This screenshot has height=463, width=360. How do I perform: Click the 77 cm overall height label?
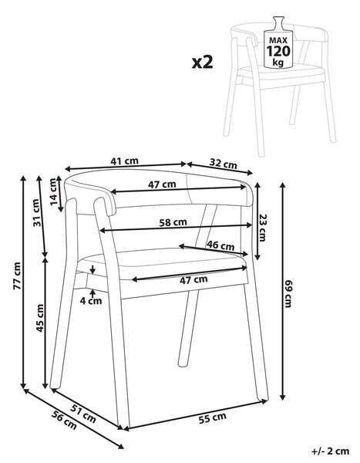coord(18,275)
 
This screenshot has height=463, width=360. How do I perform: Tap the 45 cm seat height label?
coord(40,318)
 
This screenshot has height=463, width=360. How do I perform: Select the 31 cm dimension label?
coord(36,213)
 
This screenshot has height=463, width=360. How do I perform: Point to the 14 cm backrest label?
coord(54,191)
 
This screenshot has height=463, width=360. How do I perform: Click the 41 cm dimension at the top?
coord(125,161)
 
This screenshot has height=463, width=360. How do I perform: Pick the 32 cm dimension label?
coord(224,164)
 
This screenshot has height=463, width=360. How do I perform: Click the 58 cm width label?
coord(173,222)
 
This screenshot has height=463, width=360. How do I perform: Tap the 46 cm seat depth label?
coord(220,245)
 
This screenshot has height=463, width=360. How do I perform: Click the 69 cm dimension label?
coord(288,294)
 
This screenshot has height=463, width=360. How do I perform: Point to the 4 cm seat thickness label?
coord(91,301)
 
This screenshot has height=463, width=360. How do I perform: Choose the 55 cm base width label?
coord(213,418)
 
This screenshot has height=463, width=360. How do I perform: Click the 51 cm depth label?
coord(83,414)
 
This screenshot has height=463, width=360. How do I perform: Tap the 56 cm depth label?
coord(64,420)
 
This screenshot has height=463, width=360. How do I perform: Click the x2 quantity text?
coord(203,63)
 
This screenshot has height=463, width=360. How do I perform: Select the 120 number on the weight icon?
coord(278,52)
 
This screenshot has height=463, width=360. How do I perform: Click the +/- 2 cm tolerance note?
coord(331,451)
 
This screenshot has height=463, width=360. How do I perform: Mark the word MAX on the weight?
coord(278,41)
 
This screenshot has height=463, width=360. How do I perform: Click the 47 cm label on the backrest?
coord(162,185)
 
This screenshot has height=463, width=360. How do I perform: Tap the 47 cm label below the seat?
coord(193,279)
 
